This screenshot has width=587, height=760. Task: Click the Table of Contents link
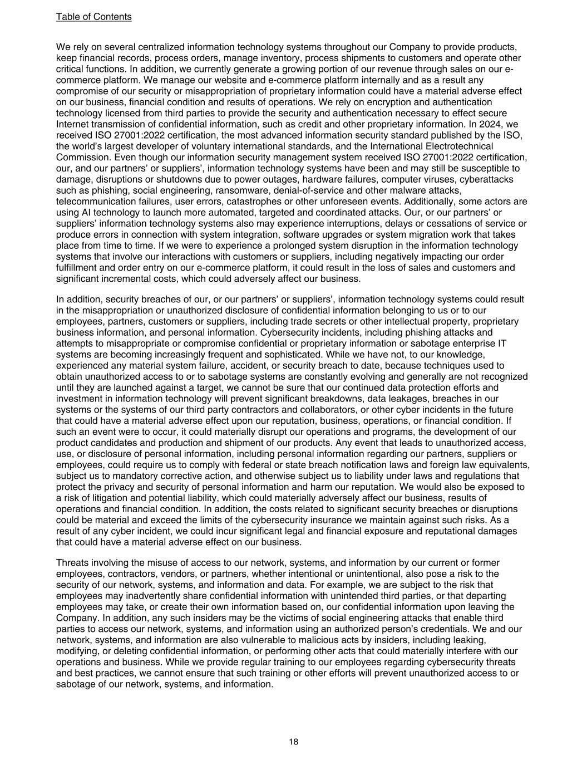pyautogui.click(x=93, y=17)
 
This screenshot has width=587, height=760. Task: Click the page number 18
pyautogui.click(x=293, y=742)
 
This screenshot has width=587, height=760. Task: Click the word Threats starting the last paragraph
pyautogui.click(x=73, y=563)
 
